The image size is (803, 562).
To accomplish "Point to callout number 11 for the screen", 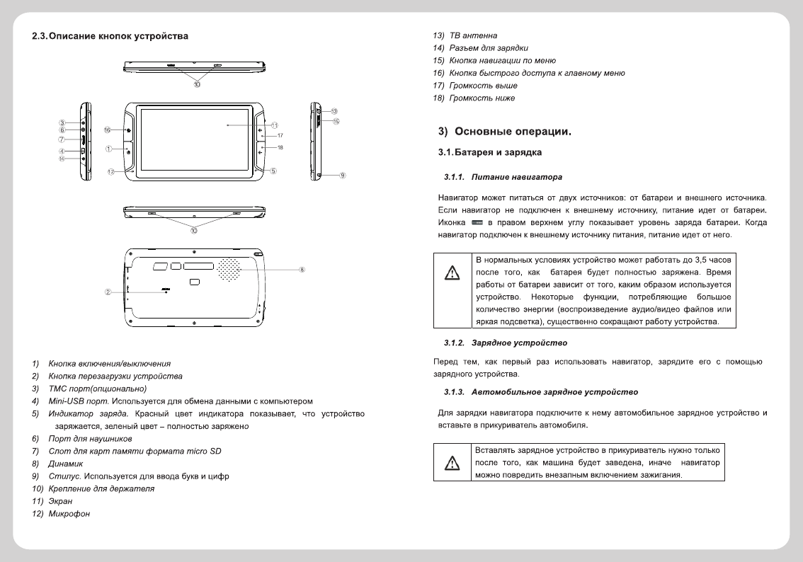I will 274,125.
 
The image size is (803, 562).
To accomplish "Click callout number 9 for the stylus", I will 343,175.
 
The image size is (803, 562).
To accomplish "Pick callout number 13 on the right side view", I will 334,111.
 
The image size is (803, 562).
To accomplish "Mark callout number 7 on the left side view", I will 62,140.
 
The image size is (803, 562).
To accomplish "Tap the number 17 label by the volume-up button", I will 280,135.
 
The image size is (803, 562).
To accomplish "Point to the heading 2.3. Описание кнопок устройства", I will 110,36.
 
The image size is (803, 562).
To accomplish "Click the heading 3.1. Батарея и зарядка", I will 490,152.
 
